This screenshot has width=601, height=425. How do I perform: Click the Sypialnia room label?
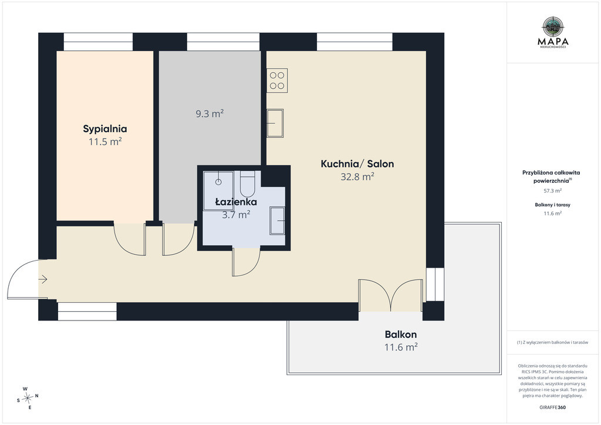[x=105, y=129]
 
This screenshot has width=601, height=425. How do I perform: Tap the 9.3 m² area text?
[x=210, y=114]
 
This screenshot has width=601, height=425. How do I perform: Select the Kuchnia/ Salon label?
[x=357, y=164]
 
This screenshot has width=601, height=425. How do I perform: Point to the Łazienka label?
[x=236, y=201]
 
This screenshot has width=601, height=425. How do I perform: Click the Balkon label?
[x=400, y=335]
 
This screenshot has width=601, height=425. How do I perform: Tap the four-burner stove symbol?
[x=277, y=80]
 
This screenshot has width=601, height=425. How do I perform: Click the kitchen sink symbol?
[x=275, y=123]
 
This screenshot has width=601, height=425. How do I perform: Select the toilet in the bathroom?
[x=247, y=184]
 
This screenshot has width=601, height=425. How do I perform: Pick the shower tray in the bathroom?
[x=218, y=191]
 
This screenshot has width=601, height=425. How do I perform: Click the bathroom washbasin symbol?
[x=277, y=220]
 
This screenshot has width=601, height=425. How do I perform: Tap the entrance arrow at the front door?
[x=42, y=279]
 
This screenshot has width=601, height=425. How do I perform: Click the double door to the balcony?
[x=390, y=295]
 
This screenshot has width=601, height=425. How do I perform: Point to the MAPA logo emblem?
[x=553, y=26]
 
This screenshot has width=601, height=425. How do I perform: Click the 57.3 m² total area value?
[x=553, y=190]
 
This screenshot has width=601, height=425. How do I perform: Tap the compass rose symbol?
[x=27, y=398]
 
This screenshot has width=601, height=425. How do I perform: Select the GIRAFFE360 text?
[x=552, y=407]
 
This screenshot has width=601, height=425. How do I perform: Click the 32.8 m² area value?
[x=357, y=177]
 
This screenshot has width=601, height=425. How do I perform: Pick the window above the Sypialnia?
[x=98, y=42]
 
